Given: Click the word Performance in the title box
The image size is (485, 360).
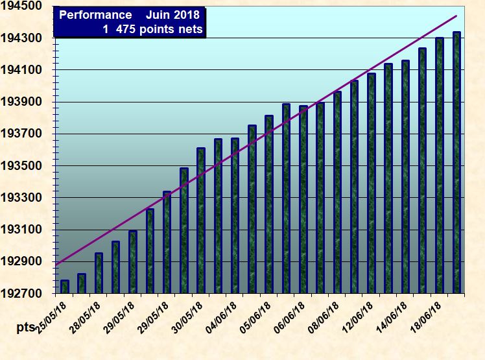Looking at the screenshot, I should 90,15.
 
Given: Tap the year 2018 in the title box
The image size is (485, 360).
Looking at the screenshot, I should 187,15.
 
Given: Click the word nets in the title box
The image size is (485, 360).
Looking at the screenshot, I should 191,29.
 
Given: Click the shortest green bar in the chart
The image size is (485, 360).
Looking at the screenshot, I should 65,287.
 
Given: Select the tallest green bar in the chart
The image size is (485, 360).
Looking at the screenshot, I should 456,162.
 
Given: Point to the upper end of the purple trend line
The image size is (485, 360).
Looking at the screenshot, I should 456,16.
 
